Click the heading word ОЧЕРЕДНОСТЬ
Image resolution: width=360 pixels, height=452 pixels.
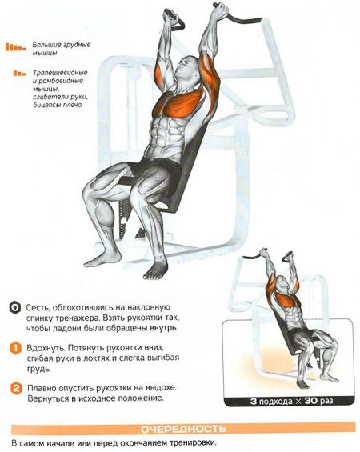tap(183, 429)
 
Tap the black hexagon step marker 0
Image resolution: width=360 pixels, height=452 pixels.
tap(14, 308)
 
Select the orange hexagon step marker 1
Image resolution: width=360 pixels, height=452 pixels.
tap(15, 348)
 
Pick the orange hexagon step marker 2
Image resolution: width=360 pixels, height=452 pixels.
tap(16, 388)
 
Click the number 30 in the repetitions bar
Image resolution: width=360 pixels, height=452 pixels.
tap(312, 401)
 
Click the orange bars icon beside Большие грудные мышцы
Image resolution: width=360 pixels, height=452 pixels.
tap(15, 47)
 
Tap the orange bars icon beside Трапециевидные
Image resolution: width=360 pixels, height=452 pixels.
tap(19, 74)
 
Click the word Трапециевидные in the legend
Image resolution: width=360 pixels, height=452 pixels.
tap(60, 73)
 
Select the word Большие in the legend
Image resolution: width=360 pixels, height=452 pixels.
tap(43, 45)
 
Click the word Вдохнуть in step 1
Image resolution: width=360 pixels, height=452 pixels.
tap(46, 348)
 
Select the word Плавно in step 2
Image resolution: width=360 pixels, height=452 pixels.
tap(42, 388)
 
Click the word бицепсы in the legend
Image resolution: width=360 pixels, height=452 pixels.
tap(46, 105)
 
